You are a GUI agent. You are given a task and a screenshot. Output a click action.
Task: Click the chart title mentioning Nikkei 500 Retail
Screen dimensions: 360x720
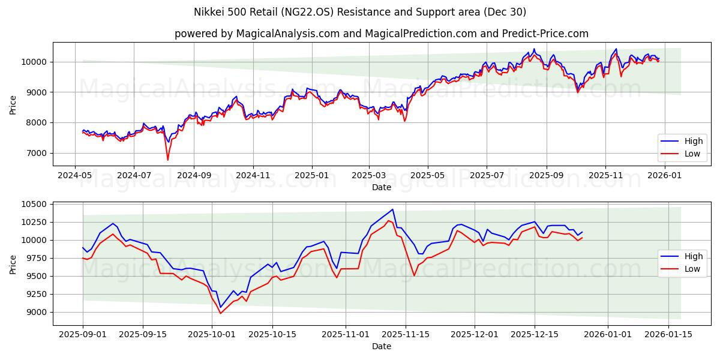pos(360,12)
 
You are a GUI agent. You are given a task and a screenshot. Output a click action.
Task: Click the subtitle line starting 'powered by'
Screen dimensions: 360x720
pos(381,34)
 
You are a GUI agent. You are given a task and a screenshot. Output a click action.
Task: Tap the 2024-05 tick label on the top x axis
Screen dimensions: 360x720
pos(74,175)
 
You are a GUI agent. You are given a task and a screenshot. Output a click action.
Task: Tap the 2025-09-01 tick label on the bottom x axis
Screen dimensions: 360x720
pos(83,334)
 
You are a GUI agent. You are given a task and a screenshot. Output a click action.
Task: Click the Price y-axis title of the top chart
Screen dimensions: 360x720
pos(13,104)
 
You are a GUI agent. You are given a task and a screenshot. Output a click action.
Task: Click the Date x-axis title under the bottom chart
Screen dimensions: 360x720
pos(381,346)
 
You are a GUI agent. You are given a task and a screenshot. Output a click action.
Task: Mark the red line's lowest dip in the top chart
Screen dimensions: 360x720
pos(167,160)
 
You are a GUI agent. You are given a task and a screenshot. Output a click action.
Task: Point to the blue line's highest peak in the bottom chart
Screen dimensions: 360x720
pos(392,209)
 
